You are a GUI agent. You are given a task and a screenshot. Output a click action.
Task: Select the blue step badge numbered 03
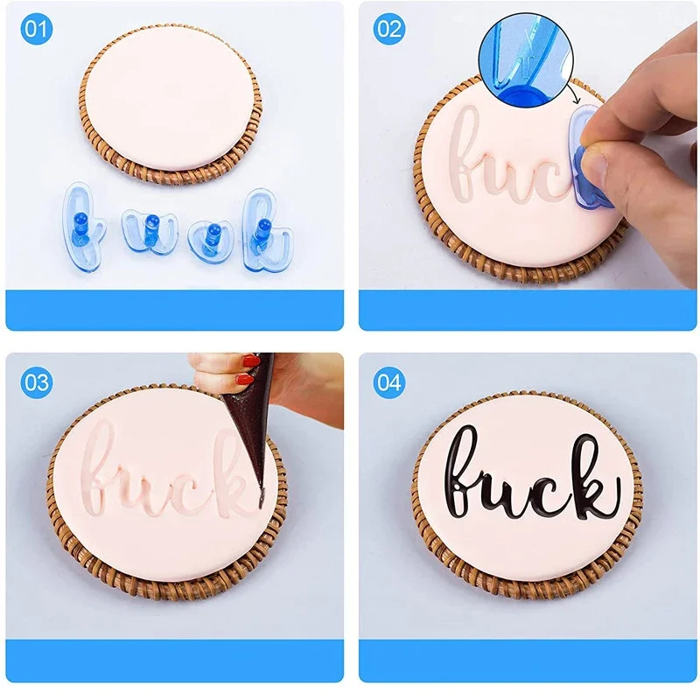36,381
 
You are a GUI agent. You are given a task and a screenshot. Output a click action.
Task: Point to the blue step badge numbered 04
388,381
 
